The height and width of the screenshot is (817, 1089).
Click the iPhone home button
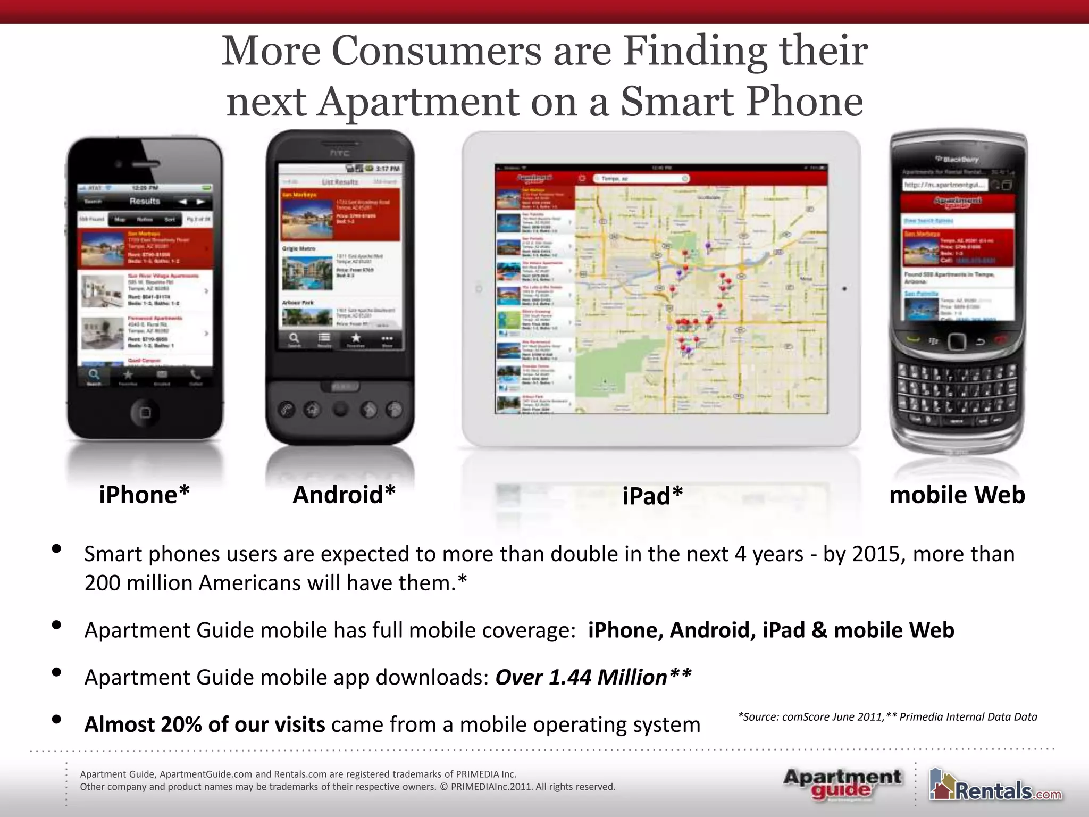tap(145, 412)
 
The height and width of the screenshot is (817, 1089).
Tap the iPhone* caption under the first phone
tap(144, 495)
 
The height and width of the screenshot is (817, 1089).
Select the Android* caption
tap(344, 495)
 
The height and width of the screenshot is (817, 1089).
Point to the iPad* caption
tap(652, 496)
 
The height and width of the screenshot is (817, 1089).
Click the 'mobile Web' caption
tap(957, 495)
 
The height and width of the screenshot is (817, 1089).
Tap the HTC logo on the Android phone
tap(340, 153)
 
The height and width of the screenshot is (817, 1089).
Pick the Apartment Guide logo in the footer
tap(842, 783)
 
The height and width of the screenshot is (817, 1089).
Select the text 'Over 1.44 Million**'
tap(593, 677)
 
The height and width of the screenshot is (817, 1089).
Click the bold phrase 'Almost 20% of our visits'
tap(205, 724)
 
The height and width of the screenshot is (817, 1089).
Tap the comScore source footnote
tap(887, 717)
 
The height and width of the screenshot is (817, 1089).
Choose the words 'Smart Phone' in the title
tap(742, 102)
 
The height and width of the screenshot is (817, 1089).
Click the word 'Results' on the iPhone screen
tap(145, 201)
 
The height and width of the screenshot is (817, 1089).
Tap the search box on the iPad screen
tap(641, 179)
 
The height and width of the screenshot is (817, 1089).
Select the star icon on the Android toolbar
tap(356, 338)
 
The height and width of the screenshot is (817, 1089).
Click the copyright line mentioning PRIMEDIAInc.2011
tap(347, 787)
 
